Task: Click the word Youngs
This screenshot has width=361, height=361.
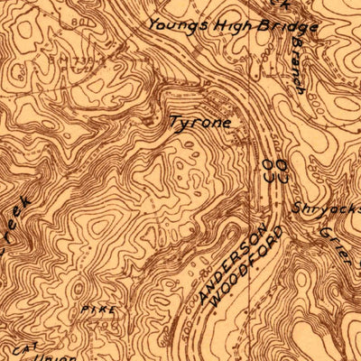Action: [177, 25]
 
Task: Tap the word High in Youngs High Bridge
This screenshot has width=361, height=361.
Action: [221, 25]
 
